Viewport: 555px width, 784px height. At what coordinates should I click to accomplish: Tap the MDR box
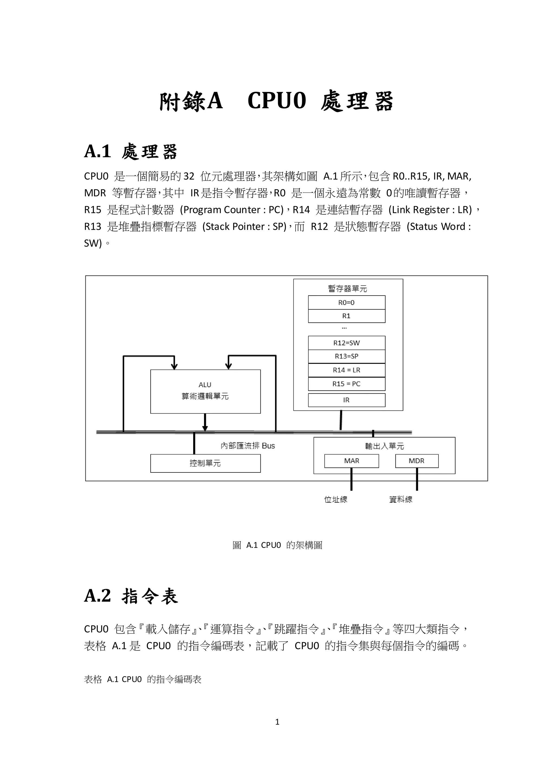tap(416, 461)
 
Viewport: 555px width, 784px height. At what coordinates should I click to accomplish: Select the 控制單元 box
tap(205, 463)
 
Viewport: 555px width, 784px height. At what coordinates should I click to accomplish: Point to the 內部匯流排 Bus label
tap(247, 446)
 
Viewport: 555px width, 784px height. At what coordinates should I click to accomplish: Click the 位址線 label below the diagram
tap(335, 499)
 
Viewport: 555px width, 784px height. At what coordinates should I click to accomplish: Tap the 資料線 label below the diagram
tap(401, 499)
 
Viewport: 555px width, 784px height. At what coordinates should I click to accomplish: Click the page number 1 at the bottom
tap(277, 722)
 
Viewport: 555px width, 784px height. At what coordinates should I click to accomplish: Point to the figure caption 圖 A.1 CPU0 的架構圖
tap(277, 545)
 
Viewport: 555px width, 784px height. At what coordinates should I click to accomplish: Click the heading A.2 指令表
tap(131, 596)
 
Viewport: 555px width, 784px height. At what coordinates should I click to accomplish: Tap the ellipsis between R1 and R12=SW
tap(344, 328)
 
